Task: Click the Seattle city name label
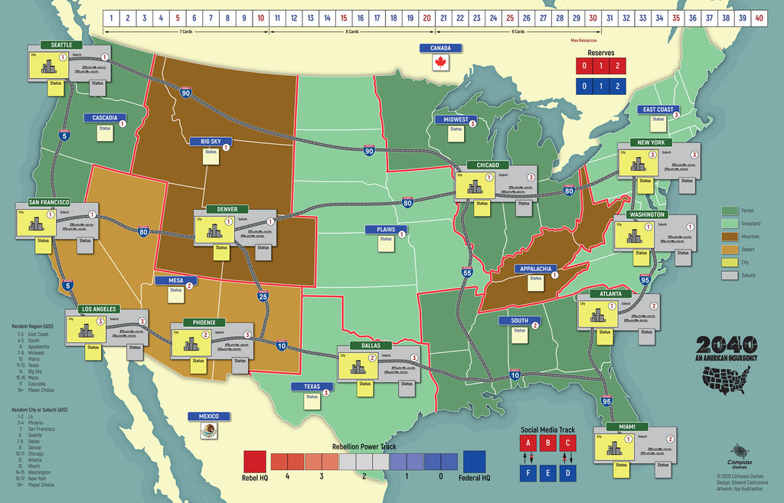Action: (61, 45)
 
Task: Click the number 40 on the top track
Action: (758, 17)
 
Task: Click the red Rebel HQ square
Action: (255, 462)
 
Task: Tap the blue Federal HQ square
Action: (475, 462)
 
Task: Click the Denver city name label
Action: (227, 209)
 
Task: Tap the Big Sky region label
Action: (205, 141)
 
